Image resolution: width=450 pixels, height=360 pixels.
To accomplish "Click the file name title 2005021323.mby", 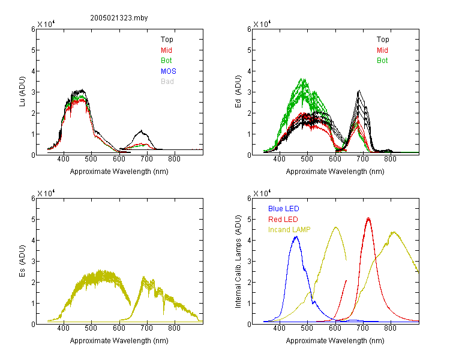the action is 119,18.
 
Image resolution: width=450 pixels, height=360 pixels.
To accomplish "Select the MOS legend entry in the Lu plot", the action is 169,71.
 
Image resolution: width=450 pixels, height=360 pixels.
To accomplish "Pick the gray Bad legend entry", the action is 167,82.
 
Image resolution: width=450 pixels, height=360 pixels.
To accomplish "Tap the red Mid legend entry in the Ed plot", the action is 382,50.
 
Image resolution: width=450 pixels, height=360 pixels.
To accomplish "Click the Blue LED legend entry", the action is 284,209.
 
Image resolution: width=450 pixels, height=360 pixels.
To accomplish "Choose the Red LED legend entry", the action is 283,220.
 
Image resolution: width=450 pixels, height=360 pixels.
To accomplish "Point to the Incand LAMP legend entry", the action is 289,230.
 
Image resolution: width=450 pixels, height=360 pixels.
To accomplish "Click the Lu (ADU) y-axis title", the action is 22,92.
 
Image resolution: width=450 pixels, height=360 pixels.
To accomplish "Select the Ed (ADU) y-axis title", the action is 238,92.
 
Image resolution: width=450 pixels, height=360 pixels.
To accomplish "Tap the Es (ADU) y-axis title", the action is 22,261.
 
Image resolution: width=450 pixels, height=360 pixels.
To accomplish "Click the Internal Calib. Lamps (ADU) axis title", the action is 238,262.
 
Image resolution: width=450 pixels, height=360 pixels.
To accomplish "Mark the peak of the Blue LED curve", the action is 296,236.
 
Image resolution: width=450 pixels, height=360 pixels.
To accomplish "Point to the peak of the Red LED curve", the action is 368,218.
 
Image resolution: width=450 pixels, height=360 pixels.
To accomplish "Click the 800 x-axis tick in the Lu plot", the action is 174,159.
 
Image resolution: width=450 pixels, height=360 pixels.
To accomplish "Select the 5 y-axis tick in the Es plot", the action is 33,220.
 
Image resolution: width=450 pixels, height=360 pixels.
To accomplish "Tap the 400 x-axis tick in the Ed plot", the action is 279,159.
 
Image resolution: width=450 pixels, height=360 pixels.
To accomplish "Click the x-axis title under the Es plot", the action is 119,341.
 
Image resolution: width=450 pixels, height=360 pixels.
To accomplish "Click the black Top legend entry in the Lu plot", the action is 167,40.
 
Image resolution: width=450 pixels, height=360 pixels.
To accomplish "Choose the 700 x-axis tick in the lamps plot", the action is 363,328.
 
